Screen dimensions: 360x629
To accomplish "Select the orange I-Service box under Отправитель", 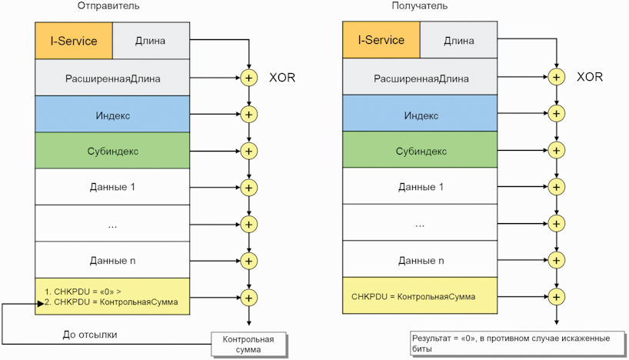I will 74,41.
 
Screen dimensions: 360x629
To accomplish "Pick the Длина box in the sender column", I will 150,41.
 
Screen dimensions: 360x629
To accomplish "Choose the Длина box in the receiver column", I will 458,41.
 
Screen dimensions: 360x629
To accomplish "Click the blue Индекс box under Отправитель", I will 112,115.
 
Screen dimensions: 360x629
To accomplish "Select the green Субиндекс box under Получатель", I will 420,152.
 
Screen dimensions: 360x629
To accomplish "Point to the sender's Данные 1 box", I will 112,188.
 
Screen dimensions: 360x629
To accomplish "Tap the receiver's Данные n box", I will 420,261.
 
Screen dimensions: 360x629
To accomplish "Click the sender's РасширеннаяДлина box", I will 112,78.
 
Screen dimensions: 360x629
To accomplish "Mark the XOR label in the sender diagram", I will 282,78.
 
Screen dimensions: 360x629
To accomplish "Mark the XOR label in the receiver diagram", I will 590,78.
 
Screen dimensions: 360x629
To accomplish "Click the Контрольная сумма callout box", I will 248,345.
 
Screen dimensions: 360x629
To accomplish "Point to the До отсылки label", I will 91,334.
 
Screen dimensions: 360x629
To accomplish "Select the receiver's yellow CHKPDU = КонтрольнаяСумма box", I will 420,296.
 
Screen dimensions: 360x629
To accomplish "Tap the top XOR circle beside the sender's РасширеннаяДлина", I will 248,78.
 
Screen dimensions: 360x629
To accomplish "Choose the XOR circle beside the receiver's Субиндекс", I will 556,152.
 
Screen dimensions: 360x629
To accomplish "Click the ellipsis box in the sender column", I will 112,225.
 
